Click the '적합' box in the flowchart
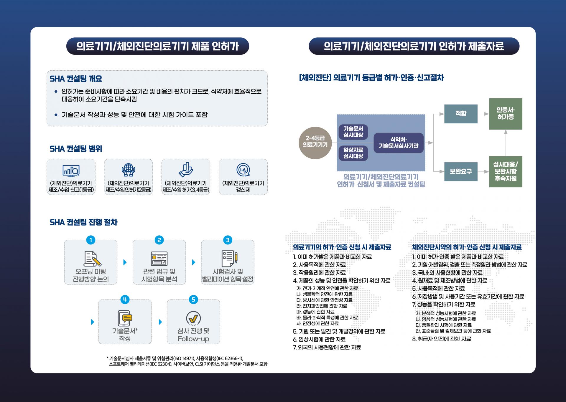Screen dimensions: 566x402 461,114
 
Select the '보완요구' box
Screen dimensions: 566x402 461,171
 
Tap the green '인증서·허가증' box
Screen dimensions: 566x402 506,114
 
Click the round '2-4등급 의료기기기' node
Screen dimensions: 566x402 315,143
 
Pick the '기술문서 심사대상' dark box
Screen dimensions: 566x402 353,132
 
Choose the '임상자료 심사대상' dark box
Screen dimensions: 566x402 353,153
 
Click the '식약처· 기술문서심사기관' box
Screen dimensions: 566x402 399,143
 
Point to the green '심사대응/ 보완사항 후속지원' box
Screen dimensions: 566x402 506,171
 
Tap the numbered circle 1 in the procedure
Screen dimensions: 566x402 91,240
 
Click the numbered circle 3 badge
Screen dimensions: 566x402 228,240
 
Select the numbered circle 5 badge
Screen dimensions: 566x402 193,300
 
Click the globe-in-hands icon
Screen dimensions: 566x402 128,170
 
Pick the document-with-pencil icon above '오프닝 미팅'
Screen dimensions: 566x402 92,259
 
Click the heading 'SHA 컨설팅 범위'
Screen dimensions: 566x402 76,149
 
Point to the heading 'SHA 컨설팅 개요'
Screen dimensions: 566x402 76,79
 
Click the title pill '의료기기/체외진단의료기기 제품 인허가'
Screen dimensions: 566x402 158,46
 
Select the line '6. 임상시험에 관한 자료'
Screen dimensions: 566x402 319,339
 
